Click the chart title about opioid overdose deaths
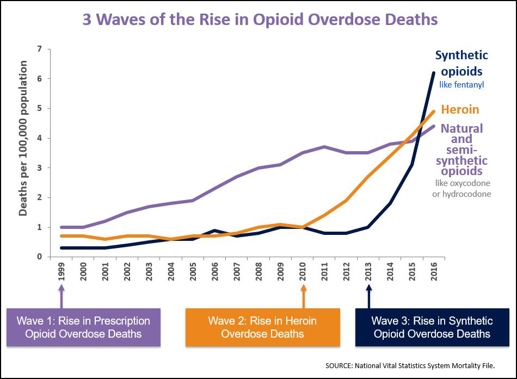[260, 20]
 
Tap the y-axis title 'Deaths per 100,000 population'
[23, 139]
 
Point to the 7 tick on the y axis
[39, 49]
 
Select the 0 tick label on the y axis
[39, 257]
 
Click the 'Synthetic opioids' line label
[461, 63]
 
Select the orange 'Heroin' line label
[460, 109]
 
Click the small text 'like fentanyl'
[461, 84]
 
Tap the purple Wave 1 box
[83, 327]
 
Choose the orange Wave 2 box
[262, 327]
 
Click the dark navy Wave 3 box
[432, 327]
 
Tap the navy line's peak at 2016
[434, 72]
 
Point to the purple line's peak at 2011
[325, 147]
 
